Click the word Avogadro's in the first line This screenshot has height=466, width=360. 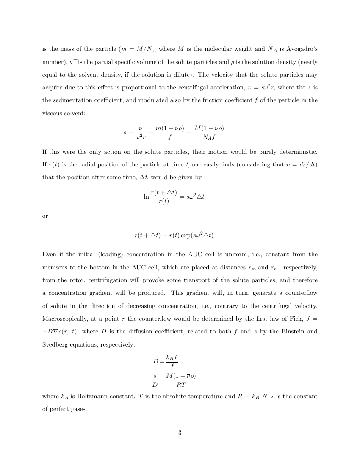click(300, 49)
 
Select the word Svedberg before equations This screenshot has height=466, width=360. click(57, 345)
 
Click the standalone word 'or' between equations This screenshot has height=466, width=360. click(45, 216)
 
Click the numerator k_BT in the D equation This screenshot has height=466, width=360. click(172, 358)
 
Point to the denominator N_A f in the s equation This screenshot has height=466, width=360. click(209, 136)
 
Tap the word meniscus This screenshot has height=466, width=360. click(57, 267)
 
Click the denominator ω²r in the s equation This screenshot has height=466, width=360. click(140, 136)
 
